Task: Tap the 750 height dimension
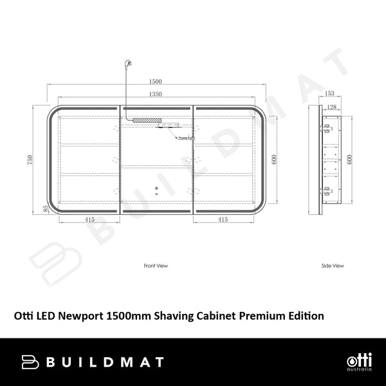tap(29, 160)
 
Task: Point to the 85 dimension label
tap(45, 208)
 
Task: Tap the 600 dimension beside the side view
tap(350, 160)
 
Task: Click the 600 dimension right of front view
tap(274, 160)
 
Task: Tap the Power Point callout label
tap(187, 137)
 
